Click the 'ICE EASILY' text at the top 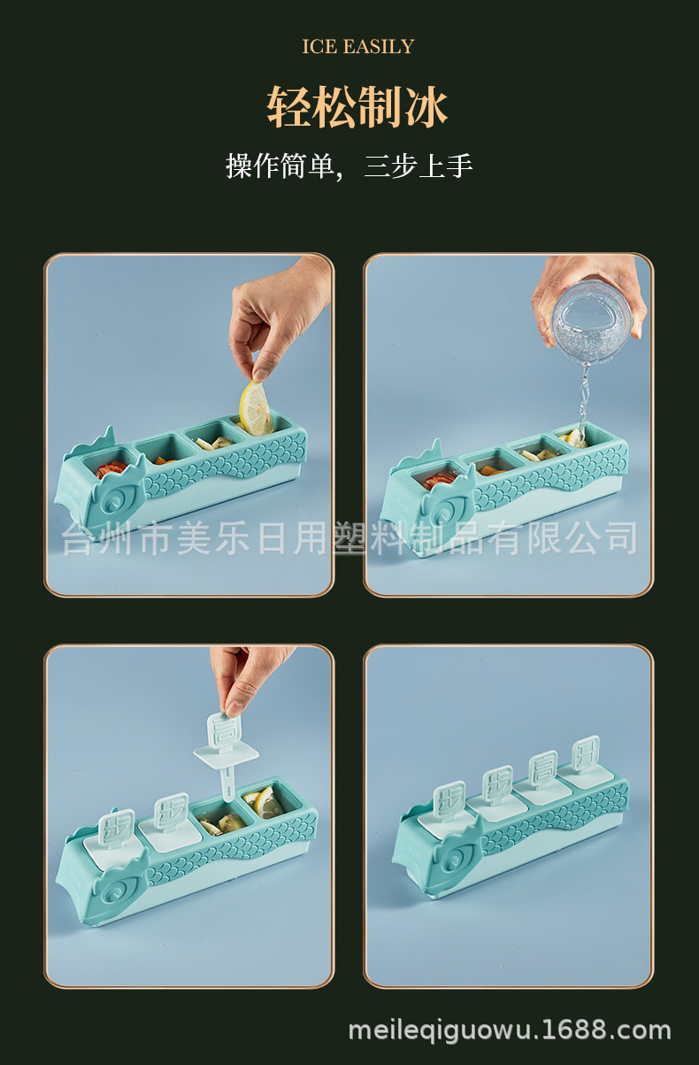[357, 47]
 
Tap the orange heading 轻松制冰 [357, 107]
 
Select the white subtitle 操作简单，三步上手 [349, 166]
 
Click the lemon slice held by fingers [256, 408]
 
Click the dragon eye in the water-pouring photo [439, 504]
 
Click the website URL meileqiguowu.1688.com [510, 1030]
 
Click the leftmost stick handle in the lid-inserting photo [115, 827]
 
